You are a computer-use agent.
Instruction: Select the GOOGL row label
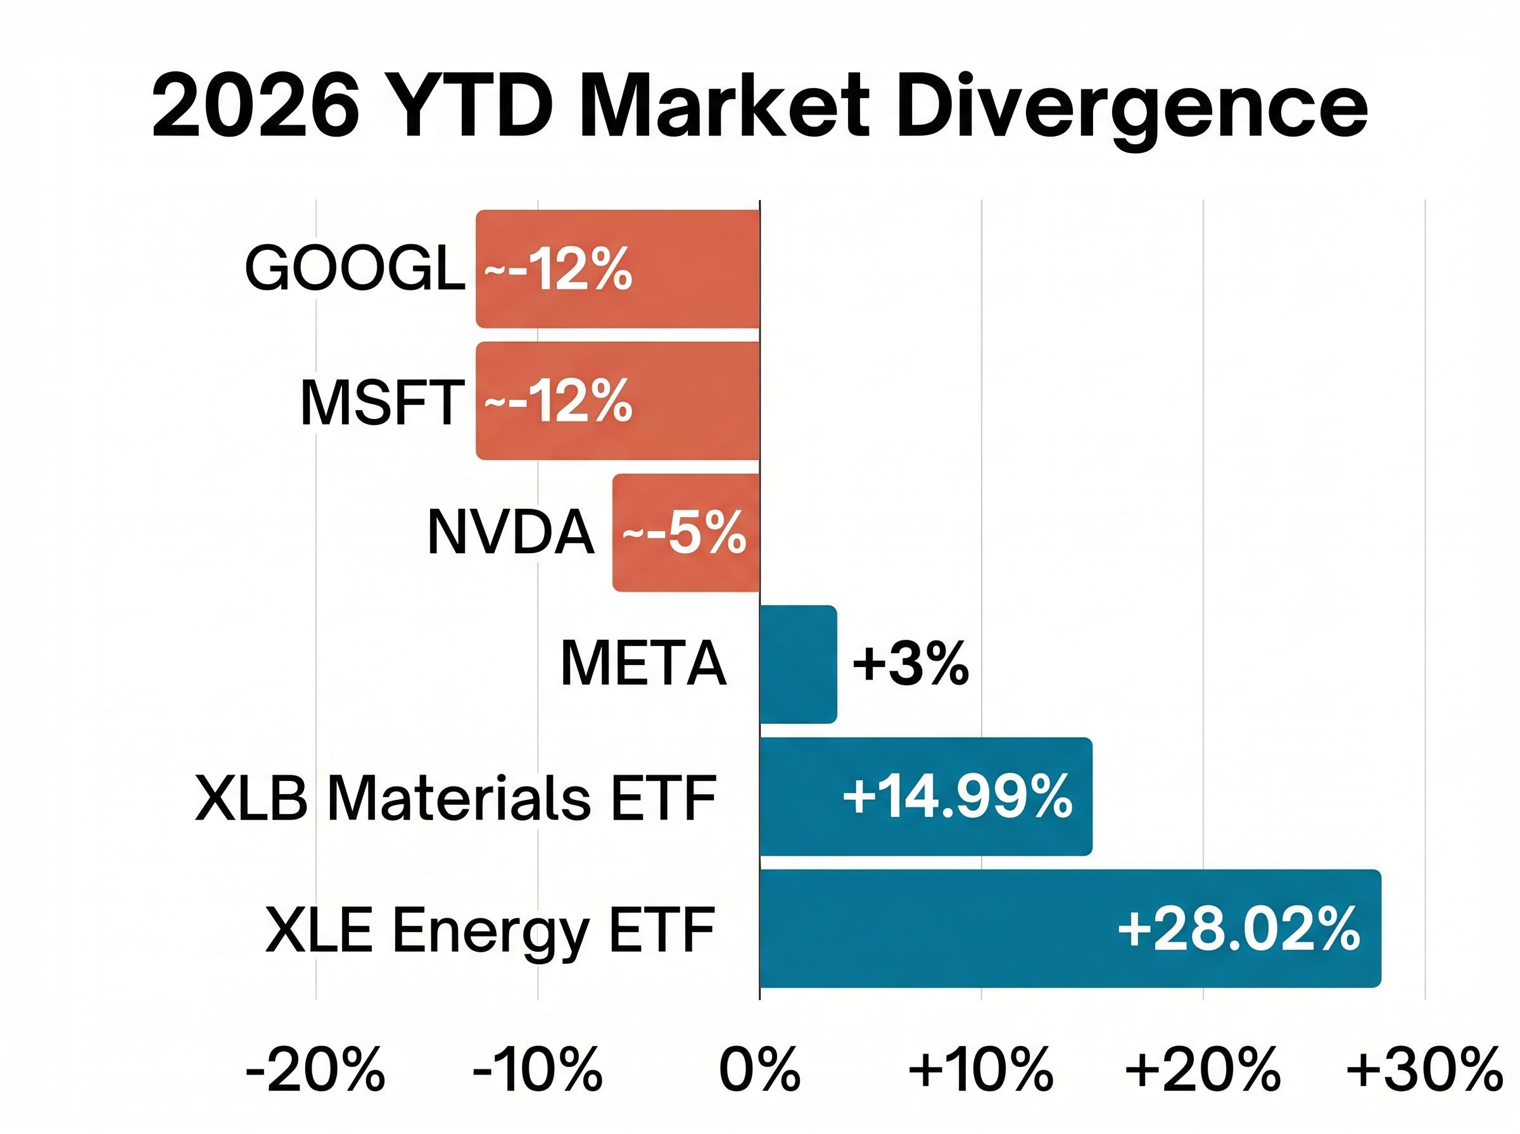pos(355,268)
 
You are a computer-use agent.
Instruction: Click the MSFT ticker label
pos(382,402)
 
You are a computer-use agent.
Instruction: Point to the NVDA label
pos(510,532)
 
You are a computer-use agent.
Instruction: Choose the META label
pos(643,664)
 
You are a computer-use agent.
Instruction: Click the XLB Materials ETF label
pos(455,797)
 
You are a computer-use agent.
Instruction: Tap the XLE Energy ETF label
pos(490,930)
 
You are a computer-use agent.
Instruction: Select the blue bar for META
pos(798,664)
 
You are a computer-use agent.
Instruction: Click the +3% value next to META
pos(910,664)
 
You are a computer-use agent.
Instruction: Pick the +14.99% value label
pos(957,796)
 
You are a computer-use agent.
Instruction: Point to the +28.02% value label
pos(1238,929)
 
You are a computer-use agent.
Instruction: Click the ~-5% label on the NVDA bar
pos(684,533)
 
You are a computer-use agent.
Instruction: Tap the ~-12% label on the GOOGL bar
pos(558,269)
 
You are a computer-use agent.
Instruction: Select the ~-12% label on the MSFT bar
pos(558,401)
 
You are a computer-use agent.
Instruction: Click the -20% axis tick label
pos(315,1069)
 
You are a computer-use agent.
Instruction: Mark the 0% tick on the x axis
pos(759,1069)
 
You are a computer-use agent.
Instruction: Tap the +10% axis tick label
pos(981,1069)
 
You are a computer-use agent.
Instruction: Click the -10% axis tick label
pos(537,1069)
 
